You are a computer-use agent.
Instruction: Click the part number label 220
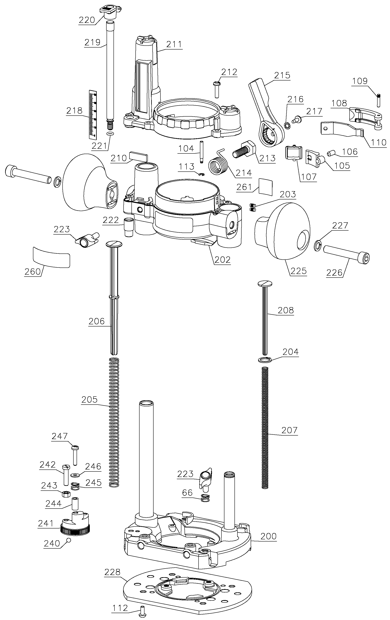(87, 20)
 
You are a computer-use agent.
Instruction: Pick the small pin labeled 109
(379, 100)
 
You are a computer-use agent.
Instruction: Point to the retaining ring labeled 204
(264, 360)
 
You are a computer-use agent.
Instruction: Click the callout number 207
(289, 430)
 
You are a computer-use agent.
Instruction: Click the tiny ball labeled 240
(68, 540)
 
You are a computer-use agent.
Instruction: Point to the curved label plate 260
(52, 257)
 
